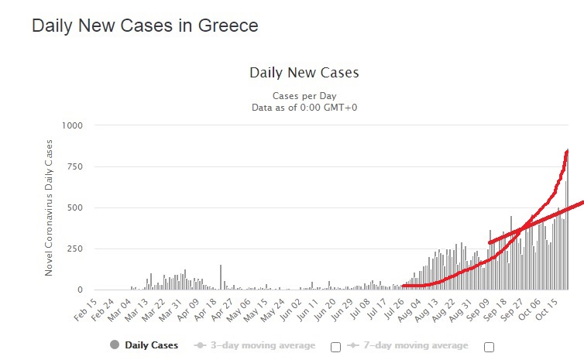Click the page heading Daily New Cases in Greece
click(x=145, y=26)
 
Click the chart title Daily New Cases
click(x=304, y=74)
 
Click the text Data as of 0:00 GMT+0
click(x=304, y=107)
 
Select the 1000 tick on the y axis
click(x=72, y=125)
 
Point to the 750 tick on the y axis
click(x=76, y=166)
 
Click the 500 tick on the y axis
click(x=76, y=207)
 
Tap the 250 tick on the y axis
click(x=76, y=249)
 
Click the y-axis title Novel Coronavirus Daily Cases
click(x=49, y=207)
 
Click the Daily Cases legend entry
click(x=145, y=345)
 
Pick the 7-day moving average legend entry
click(x=414, y=345)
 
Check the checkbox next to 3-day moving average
click(x=335, y=347)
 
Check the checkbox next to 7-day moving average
click(x=489, y=347)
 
